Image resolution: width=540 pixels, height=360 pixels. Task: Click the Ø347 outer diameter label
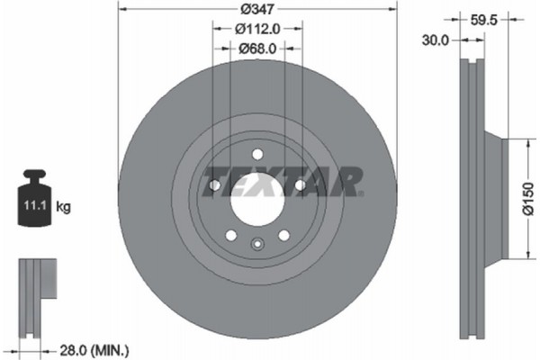coord(257,9)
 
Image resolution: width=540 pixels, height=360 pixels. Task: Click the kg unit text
coord(64,207)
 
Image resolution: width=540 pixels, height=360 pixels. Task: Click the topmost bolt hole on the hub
coord(257,153)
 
